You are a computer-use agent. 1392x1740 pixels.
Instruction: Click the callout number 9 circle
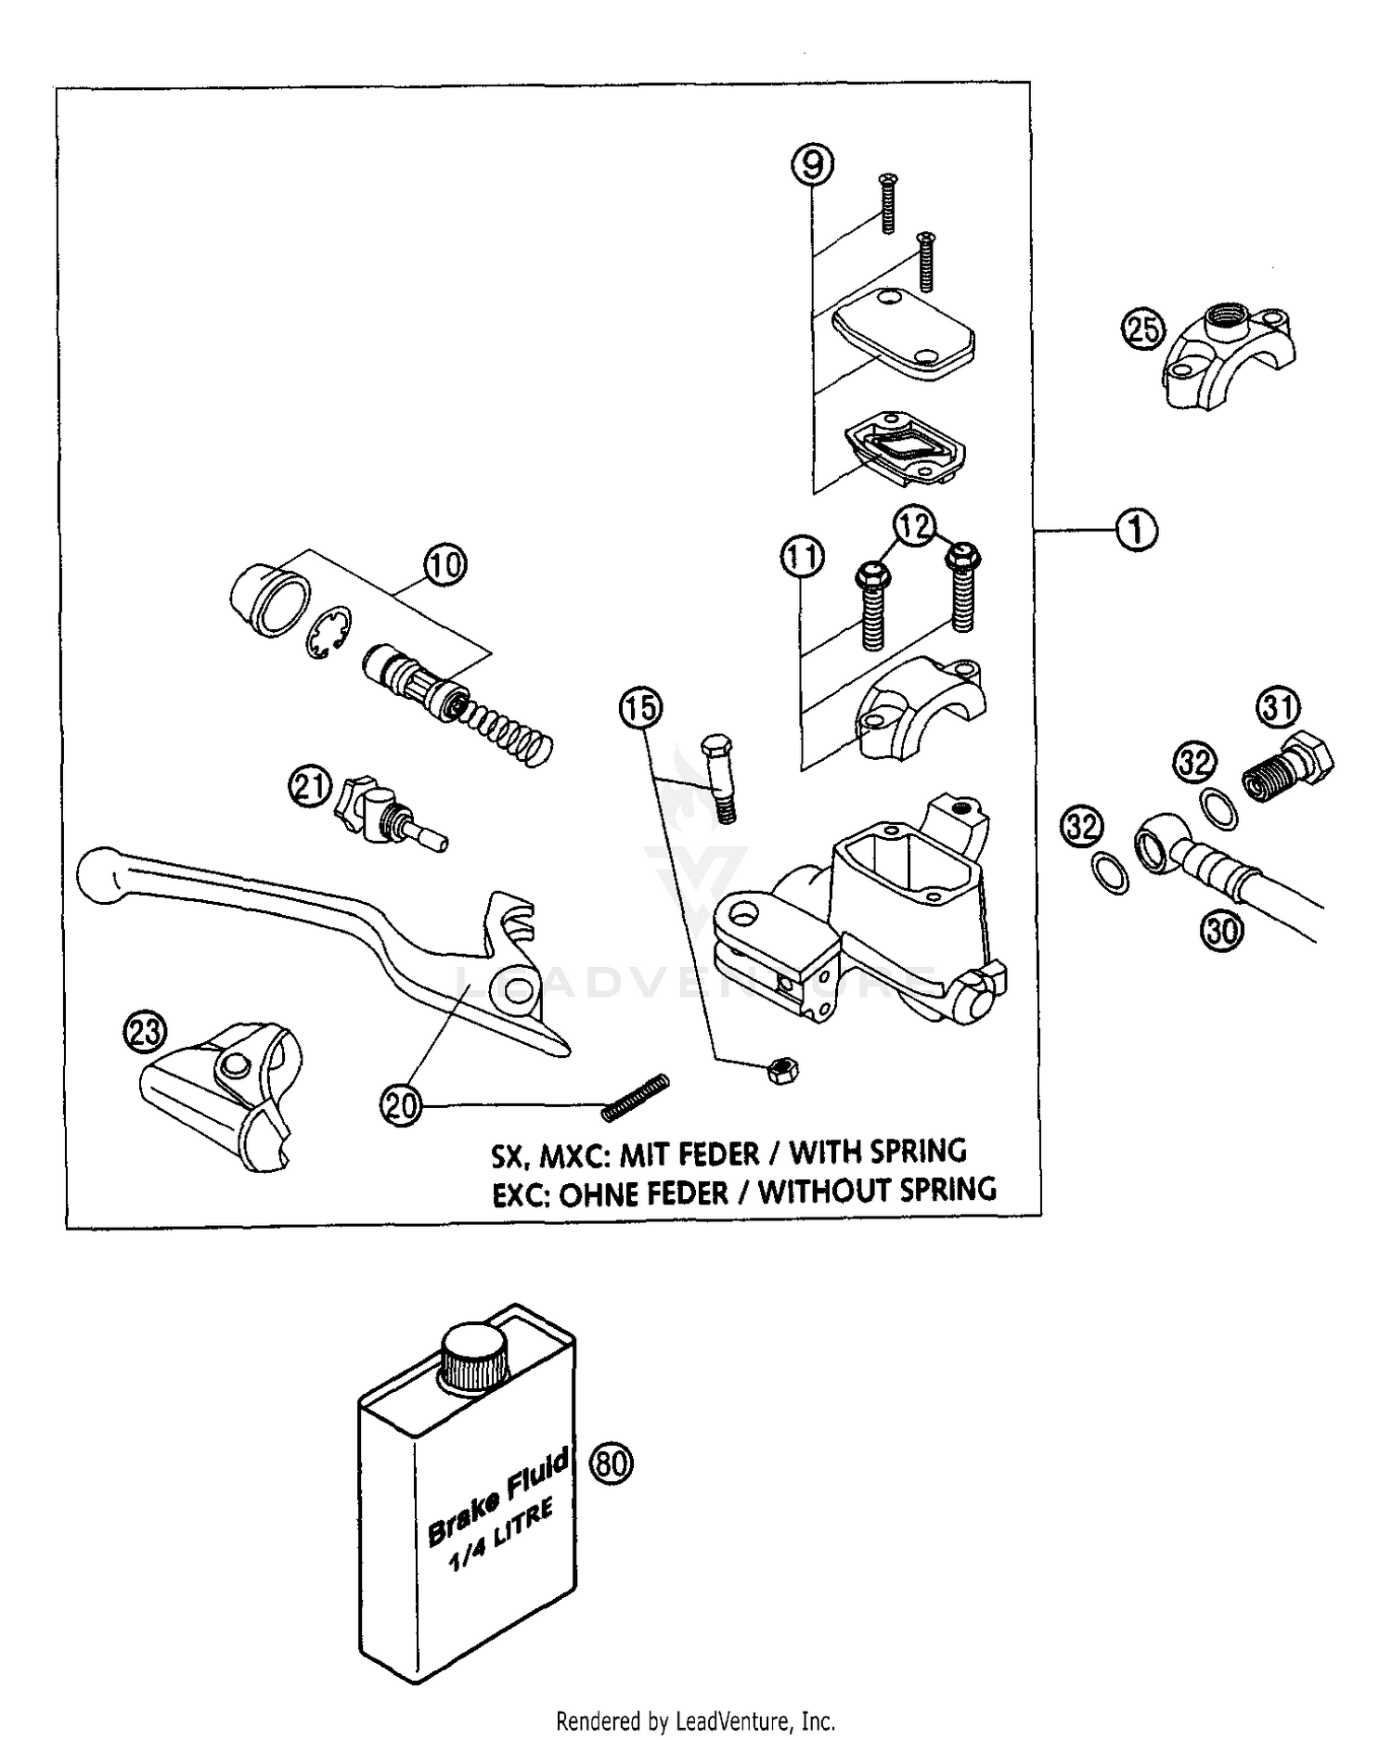811,165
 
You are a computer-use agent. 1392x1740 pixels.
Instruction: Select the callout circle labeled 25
1143,329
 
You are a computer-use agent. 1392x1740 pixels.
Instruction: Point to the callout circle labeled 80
611,1463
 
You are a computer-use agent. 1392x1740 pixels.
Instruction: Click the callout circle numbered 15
640,708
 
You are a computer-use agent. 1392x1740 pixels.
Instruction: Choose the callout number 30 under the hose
1222,930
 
